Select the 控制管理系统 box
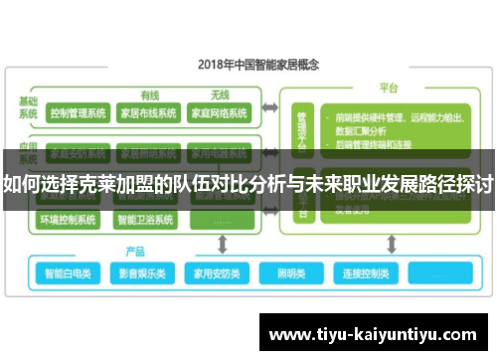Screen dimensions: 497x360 (x=78, y=113)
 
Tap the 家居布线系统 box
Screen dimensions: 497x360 (x=148, y=113)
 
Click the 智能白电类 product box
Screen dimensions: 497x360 (x=68, y=272)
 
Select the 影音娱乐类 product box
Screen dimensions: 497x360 (x=140, y=272)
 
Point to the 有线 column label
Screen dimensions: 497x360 (x=150, y=95)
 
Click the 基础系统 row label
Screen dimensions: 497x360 (x=27, y=107)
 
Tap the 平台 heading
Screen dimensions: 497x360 (x=388, y=88)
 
